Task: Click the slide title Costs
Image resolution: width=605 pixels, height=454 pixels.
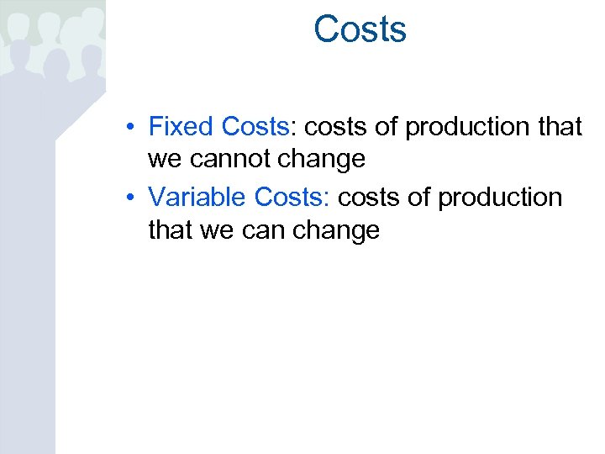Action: click(x=360, y=29)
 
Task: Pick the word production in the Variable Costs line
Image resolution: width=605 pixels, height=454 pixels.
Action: click(x=501, y=198)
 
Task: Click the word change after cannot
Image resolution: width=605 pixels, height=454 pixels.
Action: click(x=324, y=159)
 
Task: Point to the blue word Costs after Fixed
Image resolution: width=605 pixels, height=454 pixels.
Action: click(x=255, y=127)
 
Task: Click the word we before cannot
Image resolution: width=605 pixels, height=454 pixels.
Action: click(x=166, y=159)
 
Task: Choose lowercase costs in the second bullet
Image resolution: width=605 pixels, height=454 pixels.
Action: click(x=368, y=198)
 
